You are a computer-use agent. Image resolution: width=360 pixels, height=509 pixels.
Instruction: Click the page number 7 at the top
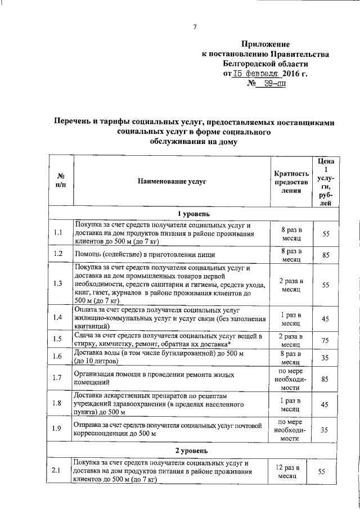coord(194,26)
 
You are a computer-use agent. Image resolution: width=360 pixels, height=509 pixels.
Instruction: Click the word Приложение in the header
coord(265,44)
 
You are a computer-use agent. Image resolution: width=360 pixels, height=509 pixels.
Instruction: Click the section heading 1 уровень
coord(193,214)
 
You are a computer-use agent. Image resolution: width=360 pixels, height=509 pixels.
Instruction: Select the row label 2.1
coord(57,471)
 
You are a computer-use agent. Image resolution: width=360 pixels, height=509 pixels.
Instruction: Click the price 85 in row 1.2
coord(325,254)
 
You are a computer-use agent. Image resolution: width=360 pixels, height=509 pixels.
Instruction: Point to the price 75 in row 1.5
coord(325,339)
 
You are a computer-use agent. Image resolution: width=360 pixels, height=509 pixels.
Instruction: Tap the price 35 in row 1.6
coord(325,357)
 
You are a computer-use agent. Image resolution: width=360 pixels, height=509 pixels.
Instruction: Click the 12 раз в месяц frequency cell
coord(291,471)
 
